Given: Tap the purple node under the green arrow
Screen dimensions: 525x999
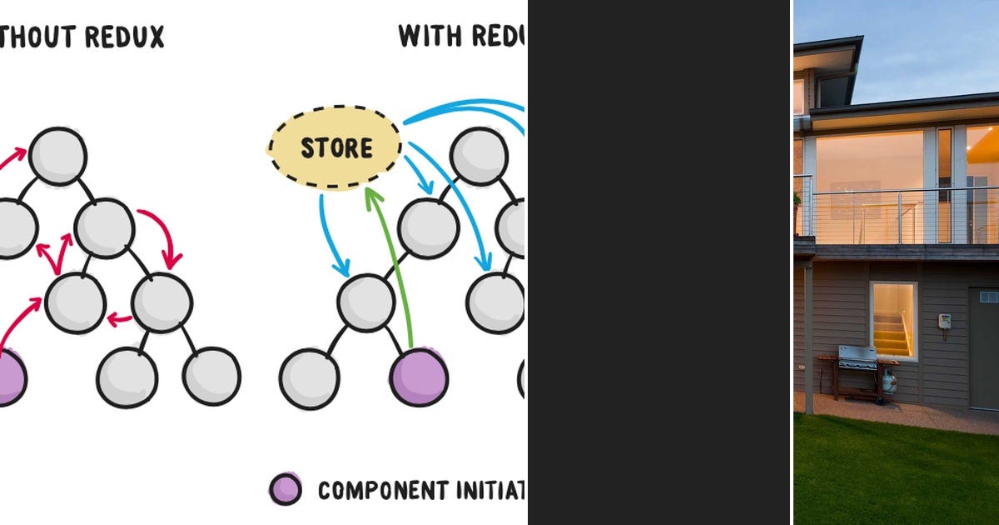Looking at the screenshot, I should [x=419, y=377].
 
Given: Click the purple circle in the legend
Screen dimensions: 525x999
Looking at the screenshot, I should [x=286, y=489].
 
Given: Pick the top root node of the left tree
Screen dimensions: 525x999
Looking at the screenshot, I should [x=57, y=156].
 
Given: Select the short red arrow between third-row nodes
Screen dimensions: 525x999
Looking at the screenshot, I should [x=120, y=318].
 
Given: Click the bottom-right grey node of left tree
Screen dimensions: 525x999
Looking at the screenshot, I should [x=211, y=377].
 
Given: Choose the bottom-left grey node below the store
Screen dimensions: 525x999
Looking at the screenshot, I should [x=309, y=380].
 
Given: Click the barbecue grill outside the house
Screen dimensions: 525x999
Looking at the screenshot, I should [x=857, y=358].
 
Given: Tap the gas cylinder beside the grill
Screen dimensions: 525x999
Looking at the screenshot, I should [x=890, y=382].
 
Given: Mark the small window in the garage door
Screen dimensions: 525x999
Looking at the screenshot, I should [x=988, y=297].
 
